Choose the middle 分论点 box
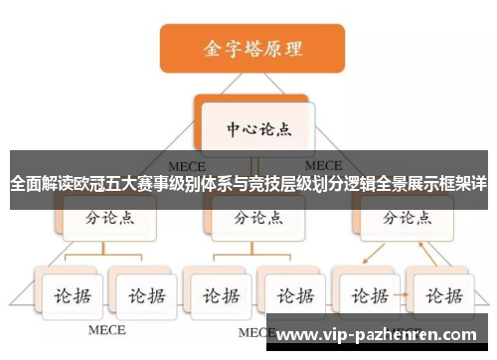coord(256,216)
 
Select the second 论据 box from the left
coord(143,294)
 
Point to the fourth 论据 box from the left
coord(290,294)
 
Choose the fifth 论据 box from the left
coord(368,294)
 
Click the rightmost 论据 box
coord(439,294)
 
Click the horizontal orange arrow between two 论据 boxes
coord(404,295)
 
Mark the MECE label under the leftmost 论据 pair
coord(107,329)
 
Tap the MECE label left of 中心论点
coord(187,165)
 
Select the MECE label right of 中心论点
coord(324,165)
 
